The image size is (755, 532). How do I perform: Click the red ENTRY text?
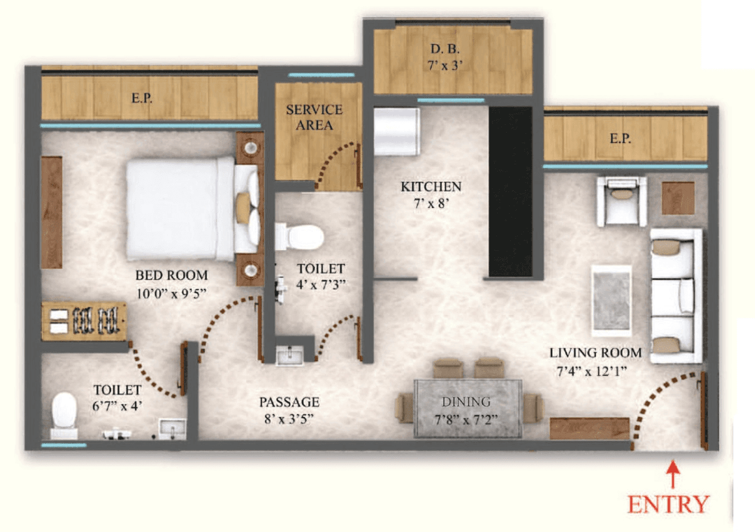[x=668, y=505]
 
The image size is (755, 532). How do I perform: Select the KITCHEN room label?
[x=431, y=187]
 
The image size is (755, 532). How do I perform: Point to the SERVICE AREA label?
[x=314, y=117]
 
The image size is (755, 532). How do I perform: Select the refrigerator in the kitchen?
[x=396, y=131]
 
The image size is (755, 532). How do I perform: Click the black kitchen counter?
[x=510, y=191]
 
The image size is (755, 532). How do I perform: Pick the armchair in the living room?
[x=621, y=201]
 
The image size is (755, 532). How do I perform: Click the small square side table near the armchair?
[x=678, y=198]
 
